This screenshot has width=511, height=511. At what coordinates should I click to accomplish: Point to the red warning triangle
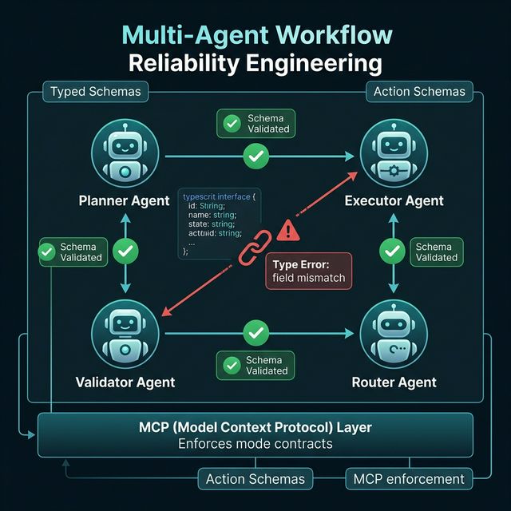pos(289,230)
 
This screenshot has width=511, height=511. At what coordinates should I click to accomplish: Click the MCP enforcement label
pos(407,479)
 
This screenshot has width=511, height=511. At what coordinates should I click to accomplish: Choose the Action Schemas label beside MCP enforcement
pos(255,479)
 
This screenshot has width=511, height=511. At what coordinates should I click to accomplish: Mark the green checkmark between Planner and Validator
pos(126,253)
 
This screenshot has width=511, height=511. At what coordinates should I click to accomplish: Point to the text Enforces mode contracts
pos(255,443)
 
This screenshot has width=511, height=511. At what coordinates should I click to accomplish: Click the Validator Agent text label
pos(125,382)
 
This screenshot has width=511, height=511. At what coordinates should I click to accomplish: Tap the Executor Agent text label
pos(394,200)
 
